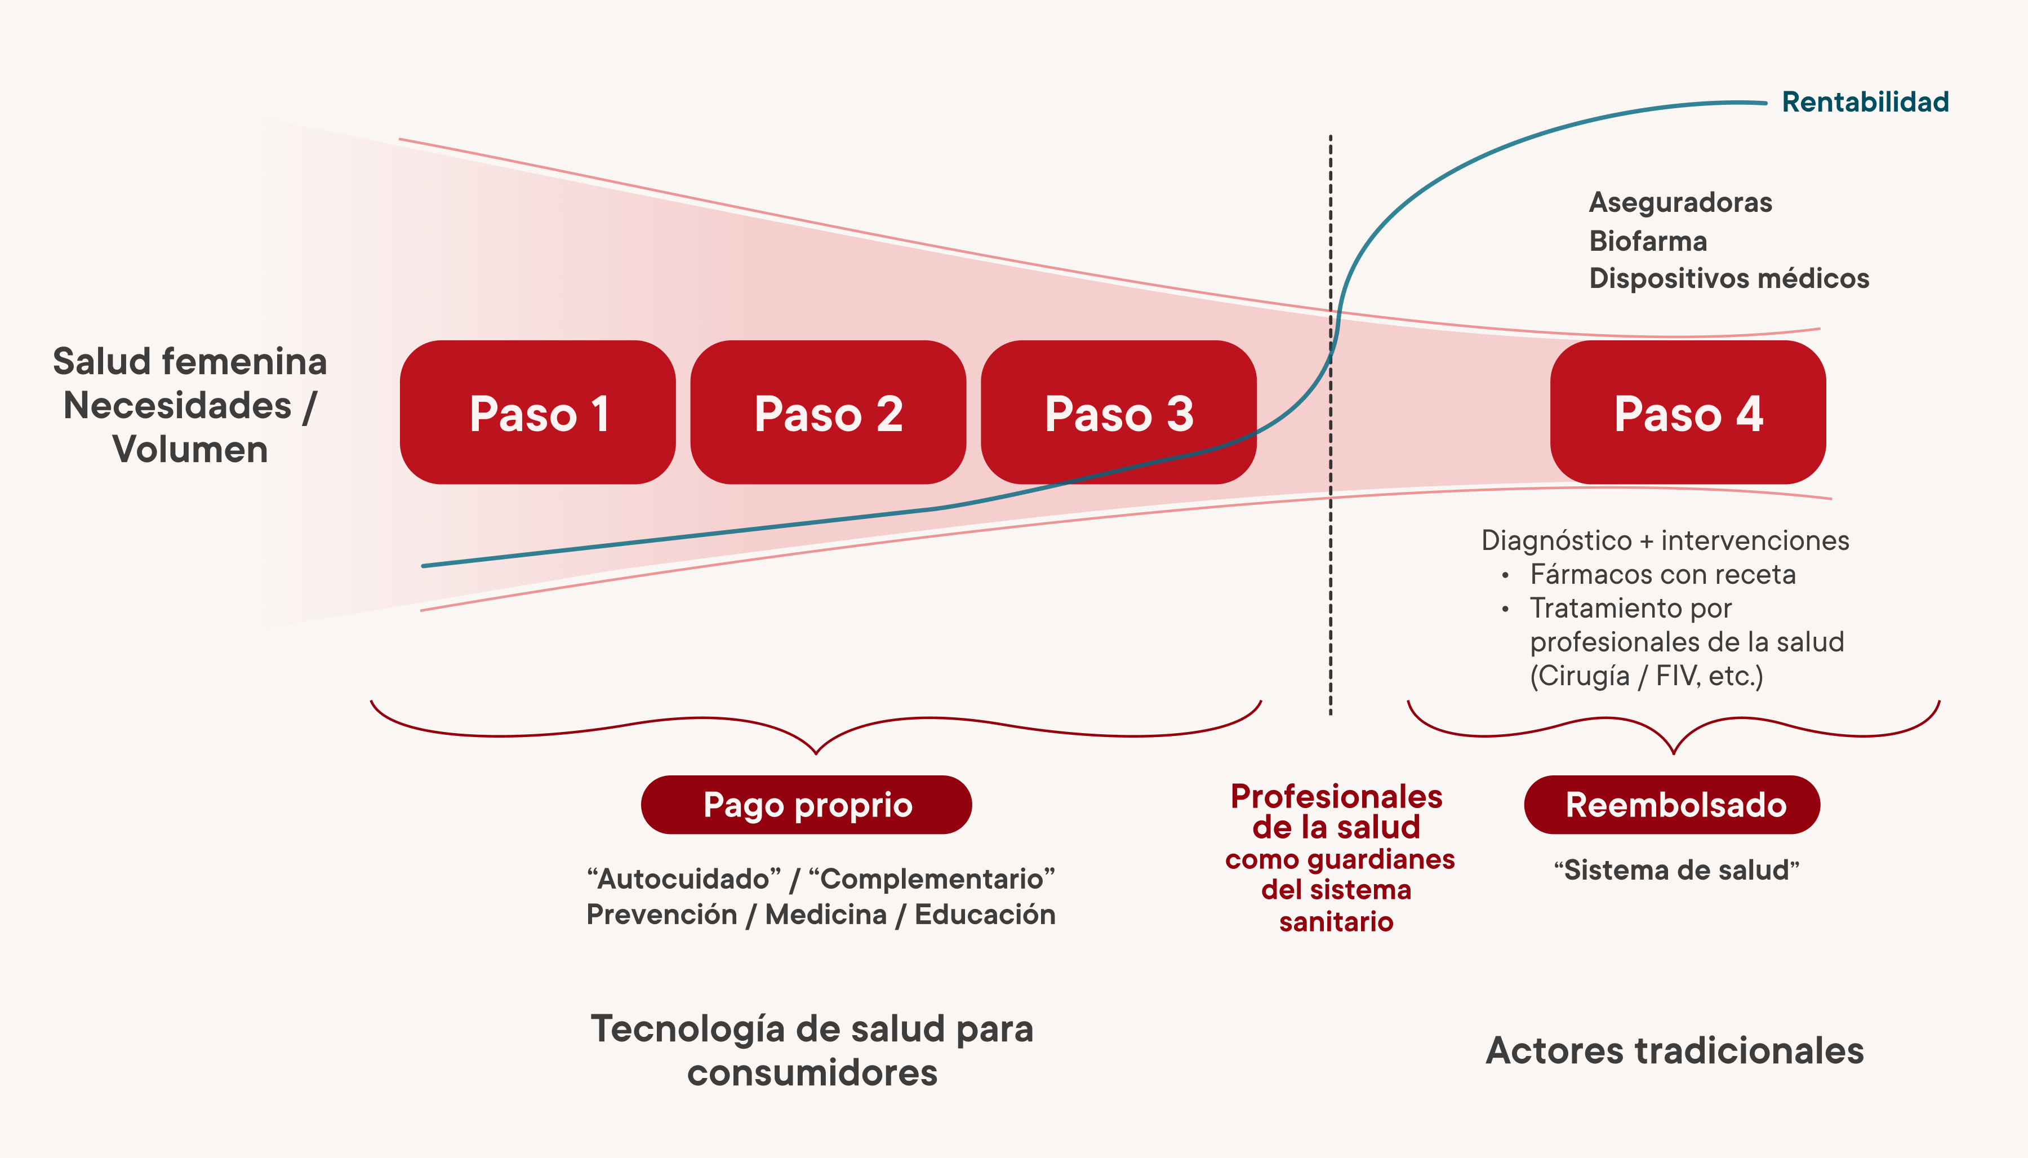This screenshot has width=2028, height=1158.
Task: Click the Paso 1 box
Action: pos(537,412)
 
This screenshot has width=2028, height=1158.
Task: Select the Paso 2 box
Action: pos(828,412)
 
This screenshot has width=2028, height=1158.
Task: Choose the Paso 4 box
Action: pos(1687,412)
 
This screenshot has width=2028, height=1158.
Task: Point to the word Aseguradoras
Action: pos(1680,203)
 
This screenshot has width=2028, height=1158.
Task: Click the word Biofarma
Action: pos(1647,241)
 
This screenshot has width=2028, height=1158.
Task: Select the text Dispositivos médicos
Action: pos(1728,278)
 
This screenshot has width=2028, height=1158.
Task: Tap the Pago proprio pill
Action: pos(806,805)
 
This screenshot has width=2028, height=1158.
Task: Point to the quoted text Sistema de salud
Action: pos(1676,870)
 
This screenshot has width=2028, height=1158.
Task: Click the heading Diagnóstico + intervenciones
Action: pos(1665,541)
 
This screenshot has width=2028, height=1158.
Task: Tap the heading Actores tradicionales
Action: pos(1674,1050)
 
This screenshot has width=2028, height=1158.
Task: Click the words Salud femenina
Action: pos(189,362)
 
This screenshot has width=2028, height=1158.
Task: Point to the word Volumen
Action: pos(189,449)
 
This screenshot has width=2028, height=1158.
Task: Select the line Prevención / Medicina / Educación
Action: pos(820,915)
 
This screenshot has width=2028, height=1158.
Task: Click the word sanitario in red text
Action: pos(1336,922)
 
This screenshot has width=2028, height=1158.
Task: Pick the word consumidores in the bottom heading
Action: pos(812,1073)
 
